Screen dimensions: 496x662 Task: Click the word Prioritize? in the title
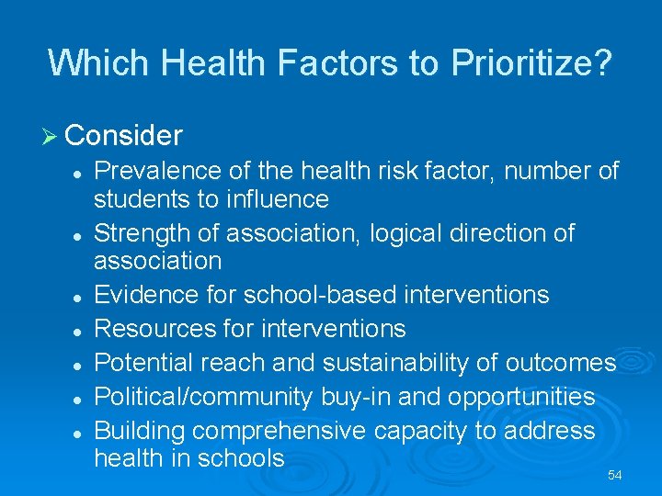pyautogui.click(x=531, y=62)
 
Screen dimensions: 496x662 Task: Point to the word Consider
pyautogui.click(x=124, y=136)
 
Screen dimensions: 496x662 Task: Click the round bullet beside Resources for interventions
pyautogui.click(x=81, y=330)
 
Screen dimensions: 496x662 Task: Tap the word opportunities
pyautogui.click(x=517, y=397)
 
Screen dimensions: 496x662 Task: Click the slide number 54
pyautogui.click(x=614, y=476)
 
